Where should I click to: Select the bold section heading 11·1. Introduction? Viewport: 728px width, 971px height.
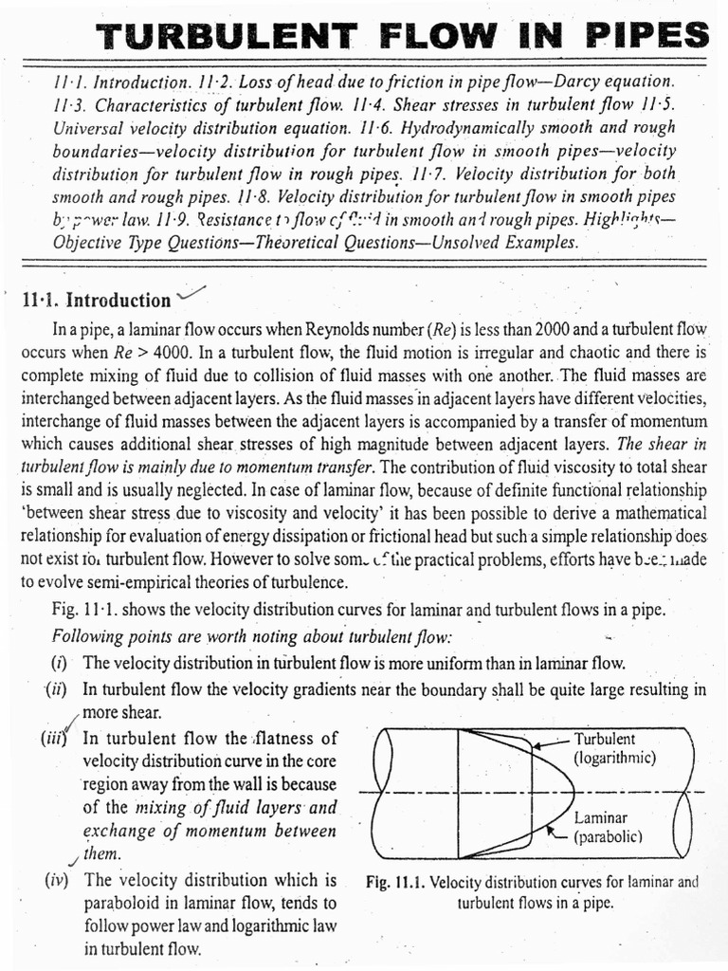click(x=95, y=301)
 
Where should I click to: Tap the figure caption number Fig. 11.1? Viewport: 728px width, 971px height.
click(x=394, y=881)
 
